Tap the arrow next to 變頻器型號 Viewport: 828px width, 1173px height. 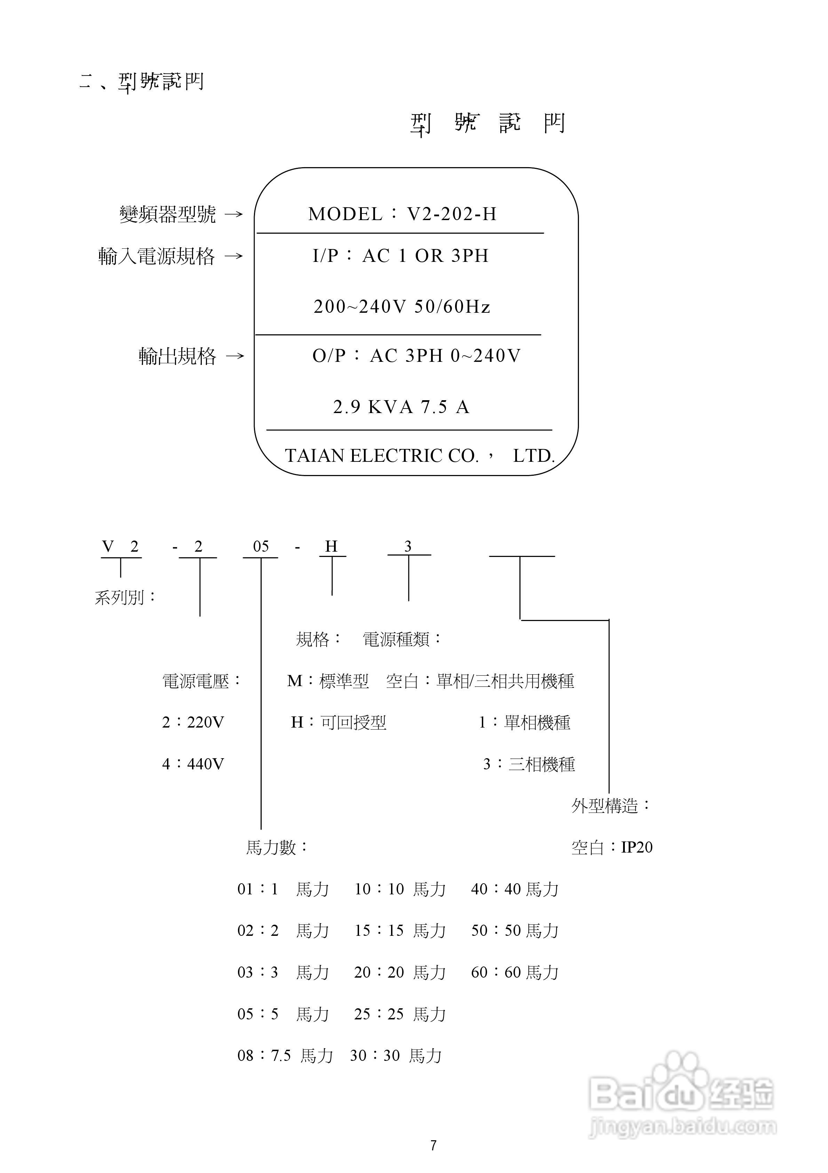(234, 215)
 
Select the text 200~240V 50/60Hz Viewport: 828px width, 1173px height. (402, 306)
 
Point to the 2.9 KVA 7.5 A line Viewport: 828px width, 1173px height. (401, 407)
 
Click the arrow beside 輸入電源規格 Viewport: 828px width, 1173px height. (234, 256)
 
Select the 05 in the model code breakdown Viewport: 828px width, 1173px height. (261, 547)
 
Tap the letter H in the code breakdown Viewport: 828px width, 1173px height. (331, 547)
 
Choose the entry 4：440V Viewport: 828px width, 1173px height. (193, 764)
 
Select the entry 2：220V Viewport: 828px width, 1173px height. (193, 722)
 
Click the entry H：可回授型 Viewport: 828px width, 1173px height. (339, 722)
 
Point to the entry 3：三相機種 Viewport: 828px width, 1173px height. (529, 764)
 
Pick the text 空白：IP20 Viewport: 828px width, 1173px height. (612, 848)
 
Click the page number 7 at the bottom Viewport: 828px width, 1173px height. (433, 1146)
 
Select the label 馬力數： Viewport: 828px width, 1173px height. (277, 848)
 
